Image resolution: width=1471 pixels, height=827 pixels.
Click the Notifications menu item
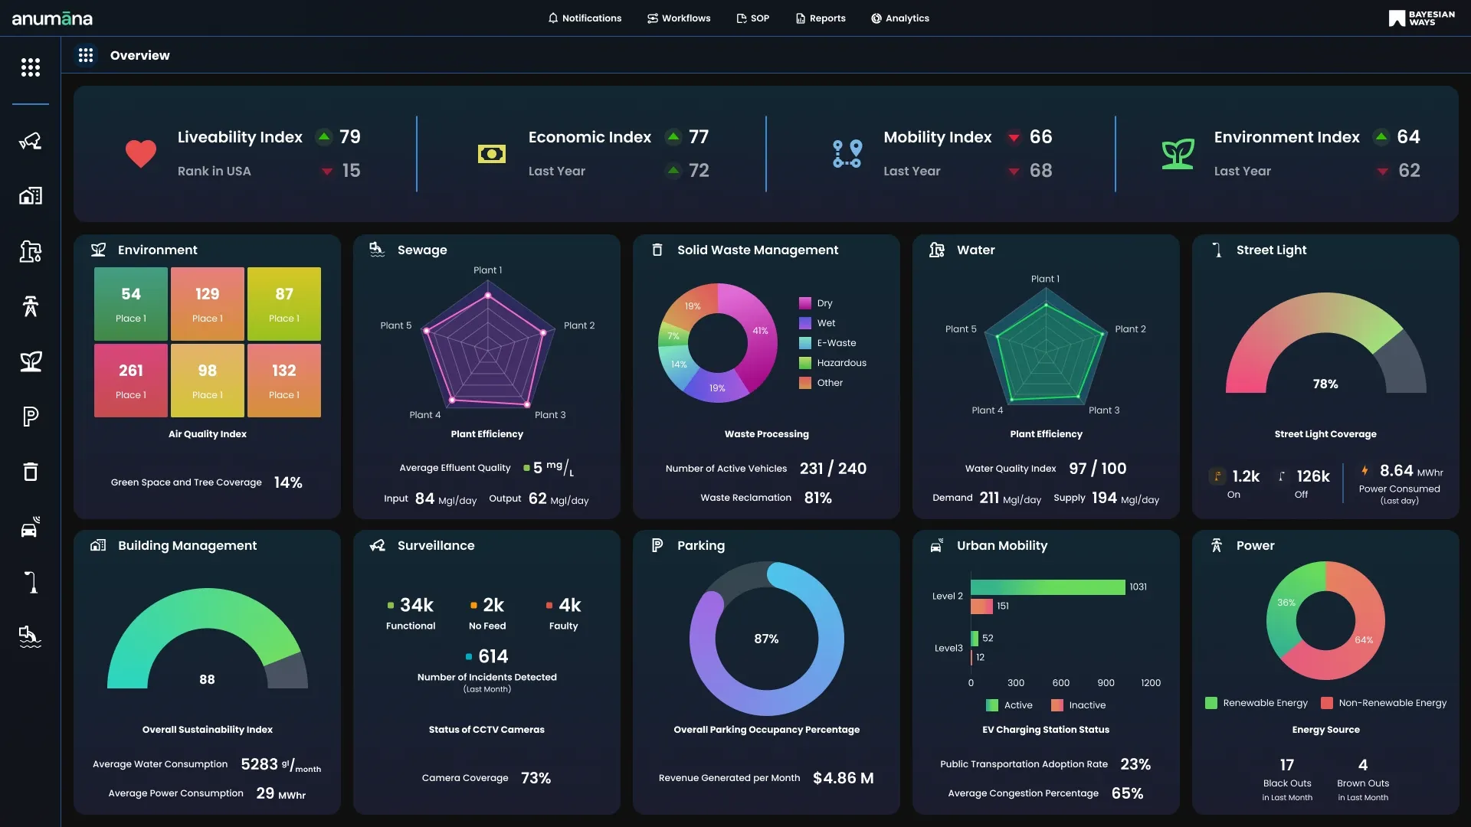tap(585, 18)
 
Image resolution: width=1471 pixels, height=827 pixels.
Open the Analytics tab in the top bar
tap(900, 18)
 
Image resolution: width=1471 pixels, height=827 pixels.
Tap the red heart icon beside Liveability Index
tap(141, 154)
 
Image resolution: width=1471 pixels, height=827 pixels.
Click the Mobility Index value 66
tap(1040, 137)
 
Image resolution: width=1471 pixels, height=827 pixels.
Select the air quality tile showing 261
tap(131, 380)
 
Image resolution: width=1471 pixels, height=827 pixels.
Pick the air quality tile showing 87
tap(284, 303)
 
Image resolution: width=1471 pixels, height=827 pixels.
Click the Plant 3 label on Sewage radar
tap(550, 415)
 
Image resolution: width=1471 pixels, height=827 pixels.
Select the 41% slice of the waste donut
tap(758, 331)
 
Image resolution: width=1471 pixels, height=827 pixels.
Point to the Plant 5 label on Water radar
tap(961, 329)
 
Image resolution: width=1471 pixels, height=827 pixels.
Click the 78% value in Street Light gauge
tap(1325, 384)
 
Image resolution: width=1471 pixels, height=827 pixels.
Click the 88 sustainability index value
tap(207, 680)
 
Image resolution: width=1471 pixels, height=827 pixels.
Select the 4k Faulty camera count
tap(569, 606)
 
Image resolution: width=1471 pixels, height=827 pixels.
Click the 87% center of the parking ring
tap(766, 639)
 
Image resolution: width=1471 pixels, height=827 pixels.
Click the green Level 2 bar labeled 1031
tap(1047, 587)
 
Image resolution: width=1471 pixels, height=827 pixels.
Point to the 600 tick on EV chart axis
tap(1061, 683)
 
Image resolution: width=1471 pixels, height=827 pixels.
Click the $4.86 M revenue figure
tap(843, 779)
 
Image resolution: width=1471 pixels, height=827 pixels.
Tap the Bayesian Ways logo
tap(1421, 18)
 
